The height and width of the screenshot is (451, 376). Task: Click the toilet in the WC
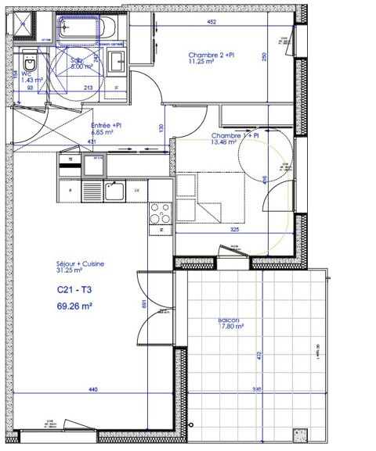pos(29,63)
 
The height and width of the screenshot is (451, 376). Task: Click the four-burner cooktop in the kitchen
pos(160,213)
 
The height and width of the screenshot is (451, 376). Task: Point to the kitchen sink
pos(114,190)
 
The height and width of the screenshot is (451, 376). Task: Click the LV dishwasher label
pos(136,191)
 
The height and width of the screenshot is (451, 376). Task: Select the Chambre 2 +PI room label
pos(211,55)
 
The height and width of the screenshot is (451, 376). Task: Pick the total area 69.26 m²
pos(75,306)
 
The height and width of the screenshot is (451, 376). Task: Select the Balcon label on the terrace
pos(229,320)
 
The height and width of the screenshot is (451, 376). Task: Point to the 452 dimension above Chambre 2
pos(211,23)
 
